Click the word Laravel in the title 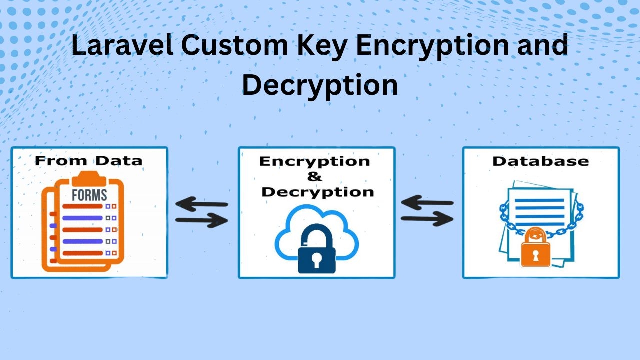122,45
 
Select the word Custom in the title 235,45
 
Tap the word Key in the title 322,47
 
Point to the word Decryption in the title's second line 320,85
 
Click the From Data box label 88,161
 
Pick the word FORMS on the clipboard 89,195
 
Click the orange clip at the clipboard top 89,178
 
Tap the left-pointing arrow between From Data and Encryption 201,204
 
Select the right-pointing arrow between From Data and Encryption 201,220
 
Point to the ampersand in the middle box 315,177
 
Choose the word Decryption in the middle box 318,192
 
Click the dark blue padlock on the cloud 316,248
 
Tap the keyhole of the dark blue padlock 316,260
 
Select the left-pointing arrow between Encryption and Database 427,203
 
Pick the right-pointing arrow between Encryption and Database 427,219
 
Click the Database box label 541,161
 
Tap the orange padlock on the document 535,248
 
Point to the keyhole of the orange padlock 535,255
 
